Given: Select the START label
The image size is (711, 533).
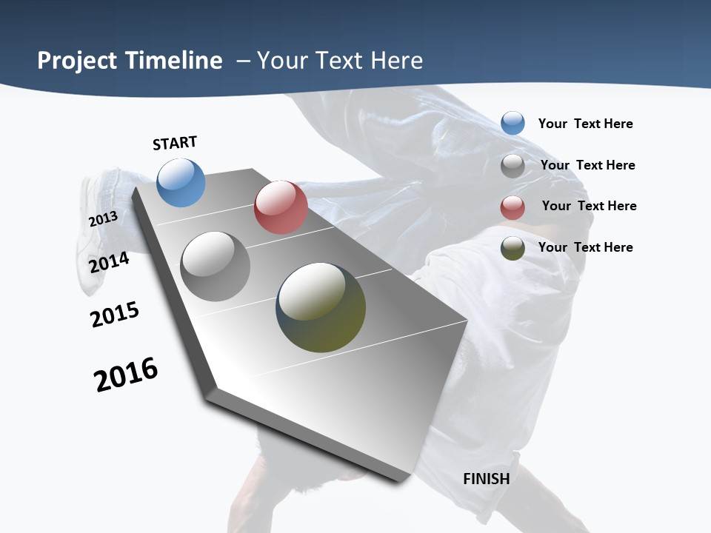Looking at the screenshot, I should pyautogui.click(x=175, y=143).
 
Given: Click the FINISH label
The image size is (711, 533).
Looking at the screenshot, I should pyautogui.click(x=487, y=479).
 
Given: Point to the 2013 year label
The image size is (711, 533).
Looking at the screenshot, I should pyautogui.click(x=103, y=219).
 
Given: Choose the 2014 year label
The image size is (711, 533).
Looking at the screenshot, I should pyautogui.click(x=110, y=262).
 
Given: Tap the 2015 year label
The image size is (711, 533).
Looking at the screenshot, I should pyautogui.click(x=115, y=315).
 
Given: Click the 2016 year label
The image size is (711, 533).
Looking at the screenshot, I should pyautogui.click(x=126, y=375).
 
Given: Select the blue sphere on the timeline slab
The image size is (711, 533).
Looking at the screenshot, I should pyautogui.click(x=181, y=182).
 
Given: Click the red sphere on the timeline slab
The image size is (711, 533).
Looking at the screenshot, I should pyautogui.click(x=281, y=207).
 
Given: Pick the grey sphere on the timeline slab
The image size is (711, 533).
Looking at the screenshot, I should pyautogui.click(x=216, y=266).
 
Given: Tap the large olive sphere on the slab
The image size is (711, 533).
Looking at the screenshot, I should pyautogui.click(x=321, y=307).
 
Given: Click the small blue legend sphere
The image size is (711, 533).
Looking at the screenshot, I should pyautogui.click(x=513, y=123).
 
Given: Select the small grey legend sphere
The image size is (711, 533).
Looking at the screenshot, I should pyautogui.click(x=513, y=166).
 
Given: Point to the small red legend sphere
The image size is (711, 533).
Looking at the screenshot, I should pyautogui.click(x=513, y=207).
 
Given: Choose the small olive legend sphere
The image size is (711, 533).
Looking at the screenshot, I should pyautogui.click(x=513, y=248).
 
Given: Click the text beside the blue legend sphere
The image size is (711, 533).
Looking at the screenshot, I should pyautogui.click(x=585, y=124).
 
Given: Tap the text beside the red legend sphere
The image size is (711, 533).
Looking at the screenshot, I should pyautogui.click(x=589, y=206).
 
